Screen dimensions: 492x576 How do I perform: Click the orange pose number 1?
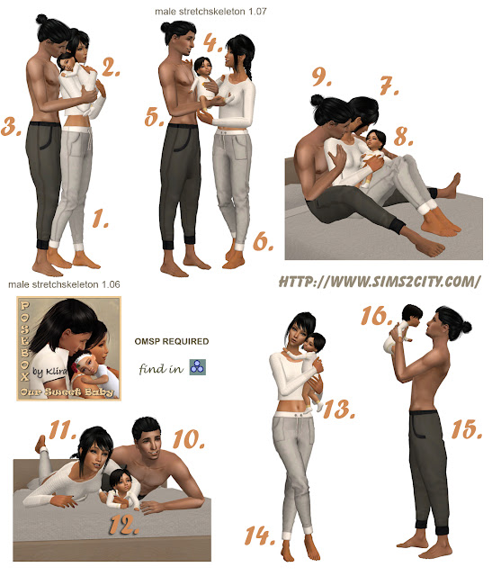pyautogui.click(x=99, y=218)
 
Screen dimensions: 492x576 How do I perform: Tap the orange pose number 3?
pyautogui.click(x=11, y=126)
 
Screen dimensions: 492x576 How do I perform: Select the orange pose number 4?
pyautogui.click(x=212, y=42)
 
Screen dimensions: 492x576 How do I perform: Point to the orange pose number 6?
pyautogui.click(x=263, y=242)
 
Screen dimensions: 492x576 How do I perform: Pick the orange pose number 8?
pyautogui.click(x=403, y=136)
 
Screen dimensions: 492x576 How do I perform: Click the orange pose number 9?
pyautogui.click(x=321, y=76)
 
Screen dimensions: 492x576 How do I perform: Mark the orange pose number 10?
pyautogui.click(x=188, y=439)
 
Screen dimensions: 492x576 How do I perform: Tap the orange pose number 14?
pyautogui.click(x=260, y=535)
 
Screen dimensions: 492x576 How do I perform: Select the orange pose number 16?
pyautogui.click(x=376, y=316)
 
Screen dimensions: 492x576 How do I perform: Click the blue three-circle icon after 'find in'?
pyautogui.click(x=198, y=367)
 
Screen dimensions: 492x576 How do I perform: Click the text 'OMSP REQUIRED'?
pyautogui.click(x=172, y=341)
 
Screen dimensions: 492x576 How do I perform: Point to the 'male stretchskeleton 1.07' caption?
pyautogui.click(x=210, y=12)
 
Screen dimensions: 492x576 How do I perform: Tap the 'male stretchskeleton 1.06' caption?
pyautogui.click(x=64, y=284)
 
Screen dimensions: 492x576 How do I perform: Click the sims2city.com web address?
pyautogui.click(x=380, y=282)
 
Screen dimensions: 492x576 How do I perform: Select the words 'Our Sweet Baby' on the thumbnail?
pyautogui.click(x=67, y=392)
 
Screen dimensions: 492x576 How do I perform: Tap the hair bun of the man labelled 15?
pyautogui.click(x=466, y=327)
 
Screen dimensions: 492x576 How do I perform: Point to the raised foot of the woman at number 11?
pyautogui.click(x=41, y=444)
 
